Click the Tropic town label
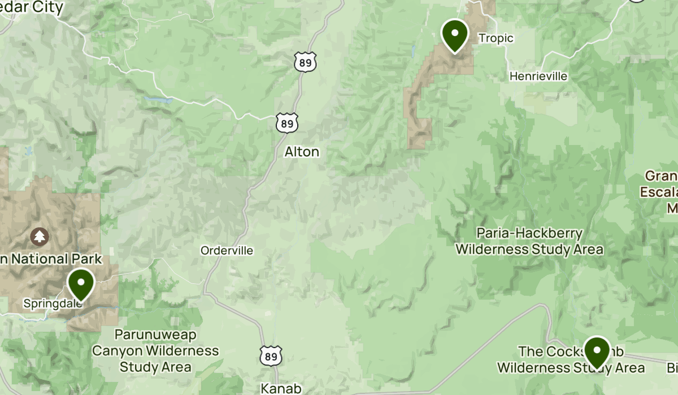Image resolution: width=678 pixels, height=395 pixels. [x=496, y=38]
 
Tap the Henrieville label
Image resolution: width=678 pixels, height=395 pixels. [x=538, y=76]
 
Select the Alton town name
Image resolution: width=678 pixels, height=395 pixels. [x=302, y=152]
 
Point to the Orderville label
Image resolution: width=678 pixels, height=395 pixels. [x=227, y=251]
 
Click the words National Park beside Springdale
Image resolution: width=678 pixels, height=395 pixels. [x=56, y=260]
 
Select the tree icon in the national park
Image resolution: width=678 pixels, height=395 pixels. [x=40, y=236]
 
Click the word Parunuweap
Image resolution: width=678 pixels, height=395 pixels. [x=155, y=335]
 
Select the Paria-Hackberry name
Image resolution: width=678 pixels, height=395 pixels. [x=529, y=233]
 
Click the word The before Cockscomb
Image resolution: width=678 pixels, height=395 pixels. [x=531, y=352]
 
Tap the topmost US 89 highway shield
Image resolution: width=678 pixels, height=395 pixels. [x=305, y=62]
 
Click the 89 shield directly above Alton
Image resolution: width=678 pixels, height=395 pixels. [x=287, y=123]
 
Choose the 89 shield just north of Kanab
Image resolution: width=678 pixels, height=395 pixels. [x=271, y=355]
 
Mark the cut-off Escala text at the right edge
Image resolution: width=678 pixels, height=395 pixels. [x=659, y=192]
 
